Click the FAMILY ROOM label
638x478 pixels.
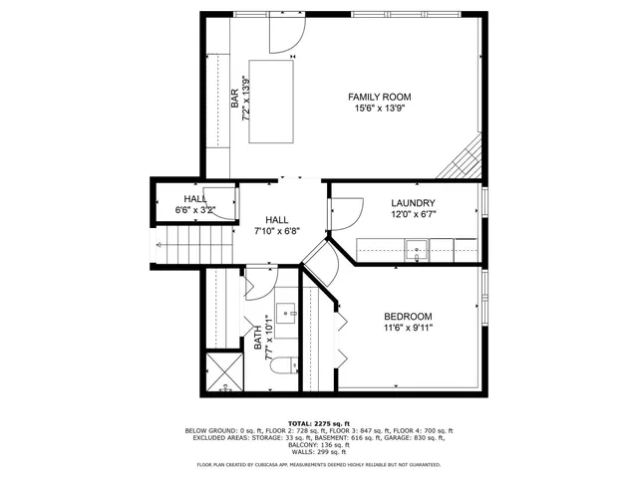[x=379, y=97]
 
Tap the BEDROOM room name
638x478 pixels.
[x=408, y=315]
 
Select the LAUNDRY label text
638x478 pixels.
[x=413, y=203]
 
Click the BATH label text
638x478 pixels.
[x=257, y=344]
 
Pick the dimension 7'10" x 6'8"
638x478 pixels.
[x=276, y=231]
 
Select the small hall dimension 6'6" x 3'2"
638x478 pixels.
[x=194, y=210]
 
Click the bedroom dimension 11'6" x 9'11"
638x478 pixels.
[x=408, y=327]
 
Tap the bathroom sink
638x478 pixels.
[x=287, y=312]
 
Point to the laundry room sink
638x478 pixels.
[x=418, y=248]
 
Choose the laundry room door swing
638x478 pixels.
[x=344, y=214]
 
